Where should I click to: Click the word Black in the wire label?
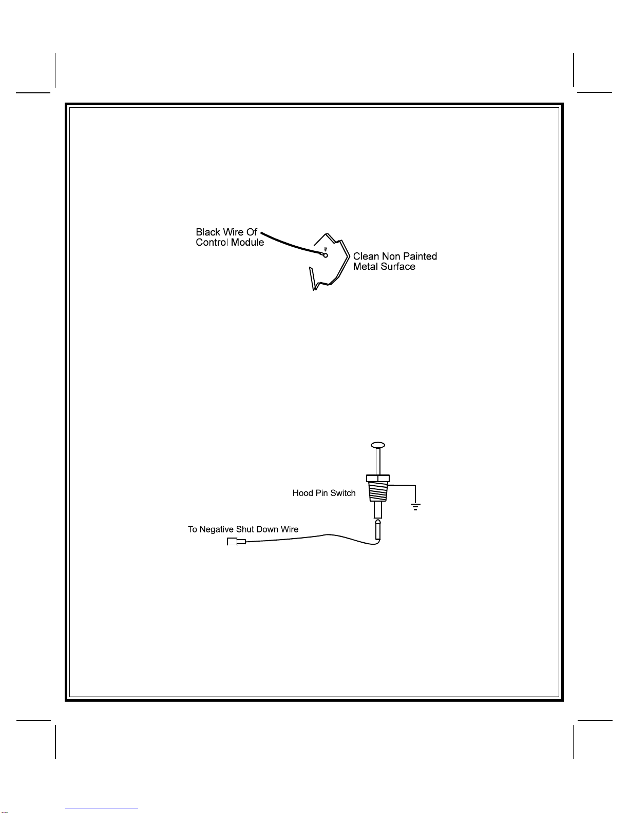[x=208, y=232]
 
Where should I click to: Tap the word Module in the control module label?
[x=247, y=243]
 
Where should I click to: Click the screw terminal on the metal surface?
[x=326, y=254]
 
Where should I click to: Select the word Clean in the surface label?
[x=366, y=256]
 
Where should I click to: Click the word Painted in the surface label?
[x=420, y=256]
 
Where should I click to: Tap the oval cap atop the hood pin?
[x=378, y=445]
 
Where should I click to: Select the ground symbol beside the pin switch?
[x=415, y=507]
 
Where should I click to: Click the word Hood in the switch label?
[x=302, y=493]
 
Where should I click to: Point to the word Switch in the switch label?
[x=343, y=493]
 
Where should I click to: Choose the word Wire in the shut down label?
[x=290, y=530]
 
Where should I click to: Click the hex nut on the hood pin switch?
[x=378, y=479]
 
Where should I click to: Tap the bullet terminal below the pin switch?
[x=378, y=530]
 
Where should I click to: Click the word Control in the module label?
[x=212, y=243]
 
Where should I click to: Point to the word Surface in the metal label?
[x=398, y=267]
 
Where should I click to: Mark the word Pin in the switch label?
[x=321, y=493]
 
